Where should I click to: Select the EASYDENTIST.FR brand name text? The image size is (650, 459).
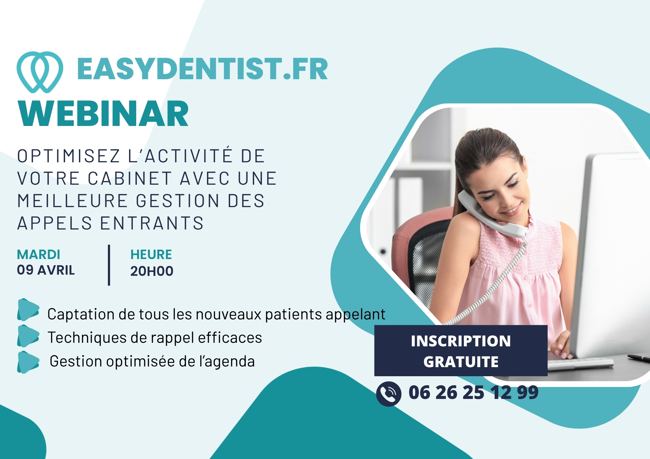point(202,69)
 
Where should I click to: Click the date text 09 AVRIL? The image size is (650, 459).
point(46,270)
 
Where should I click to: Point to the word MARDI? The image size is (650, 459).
point(38,255)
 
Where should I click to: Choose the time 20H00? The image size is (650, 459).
point(152,271)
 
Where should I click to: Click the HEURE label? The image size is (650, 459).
point(151,254)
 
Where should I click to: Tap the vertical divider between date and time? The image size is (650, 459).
point(109,265)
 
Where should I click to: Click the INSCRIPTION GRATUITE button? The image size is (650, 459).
point(461,351)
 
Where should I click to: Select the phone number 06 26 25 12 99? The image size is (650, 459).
point(474,392)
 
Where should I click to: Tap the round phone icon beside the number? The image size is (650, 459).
point(389,394)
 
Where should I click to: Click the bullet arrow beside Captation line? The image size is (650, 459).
point(28,310)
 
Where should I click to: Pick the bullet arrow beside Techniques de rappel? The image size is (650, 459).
point(28,336)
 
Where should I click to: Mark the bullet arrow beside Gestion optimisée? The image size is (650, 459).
point(28,362)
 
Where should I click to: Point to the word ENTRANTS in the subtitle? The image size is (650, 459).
point(152,223)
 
